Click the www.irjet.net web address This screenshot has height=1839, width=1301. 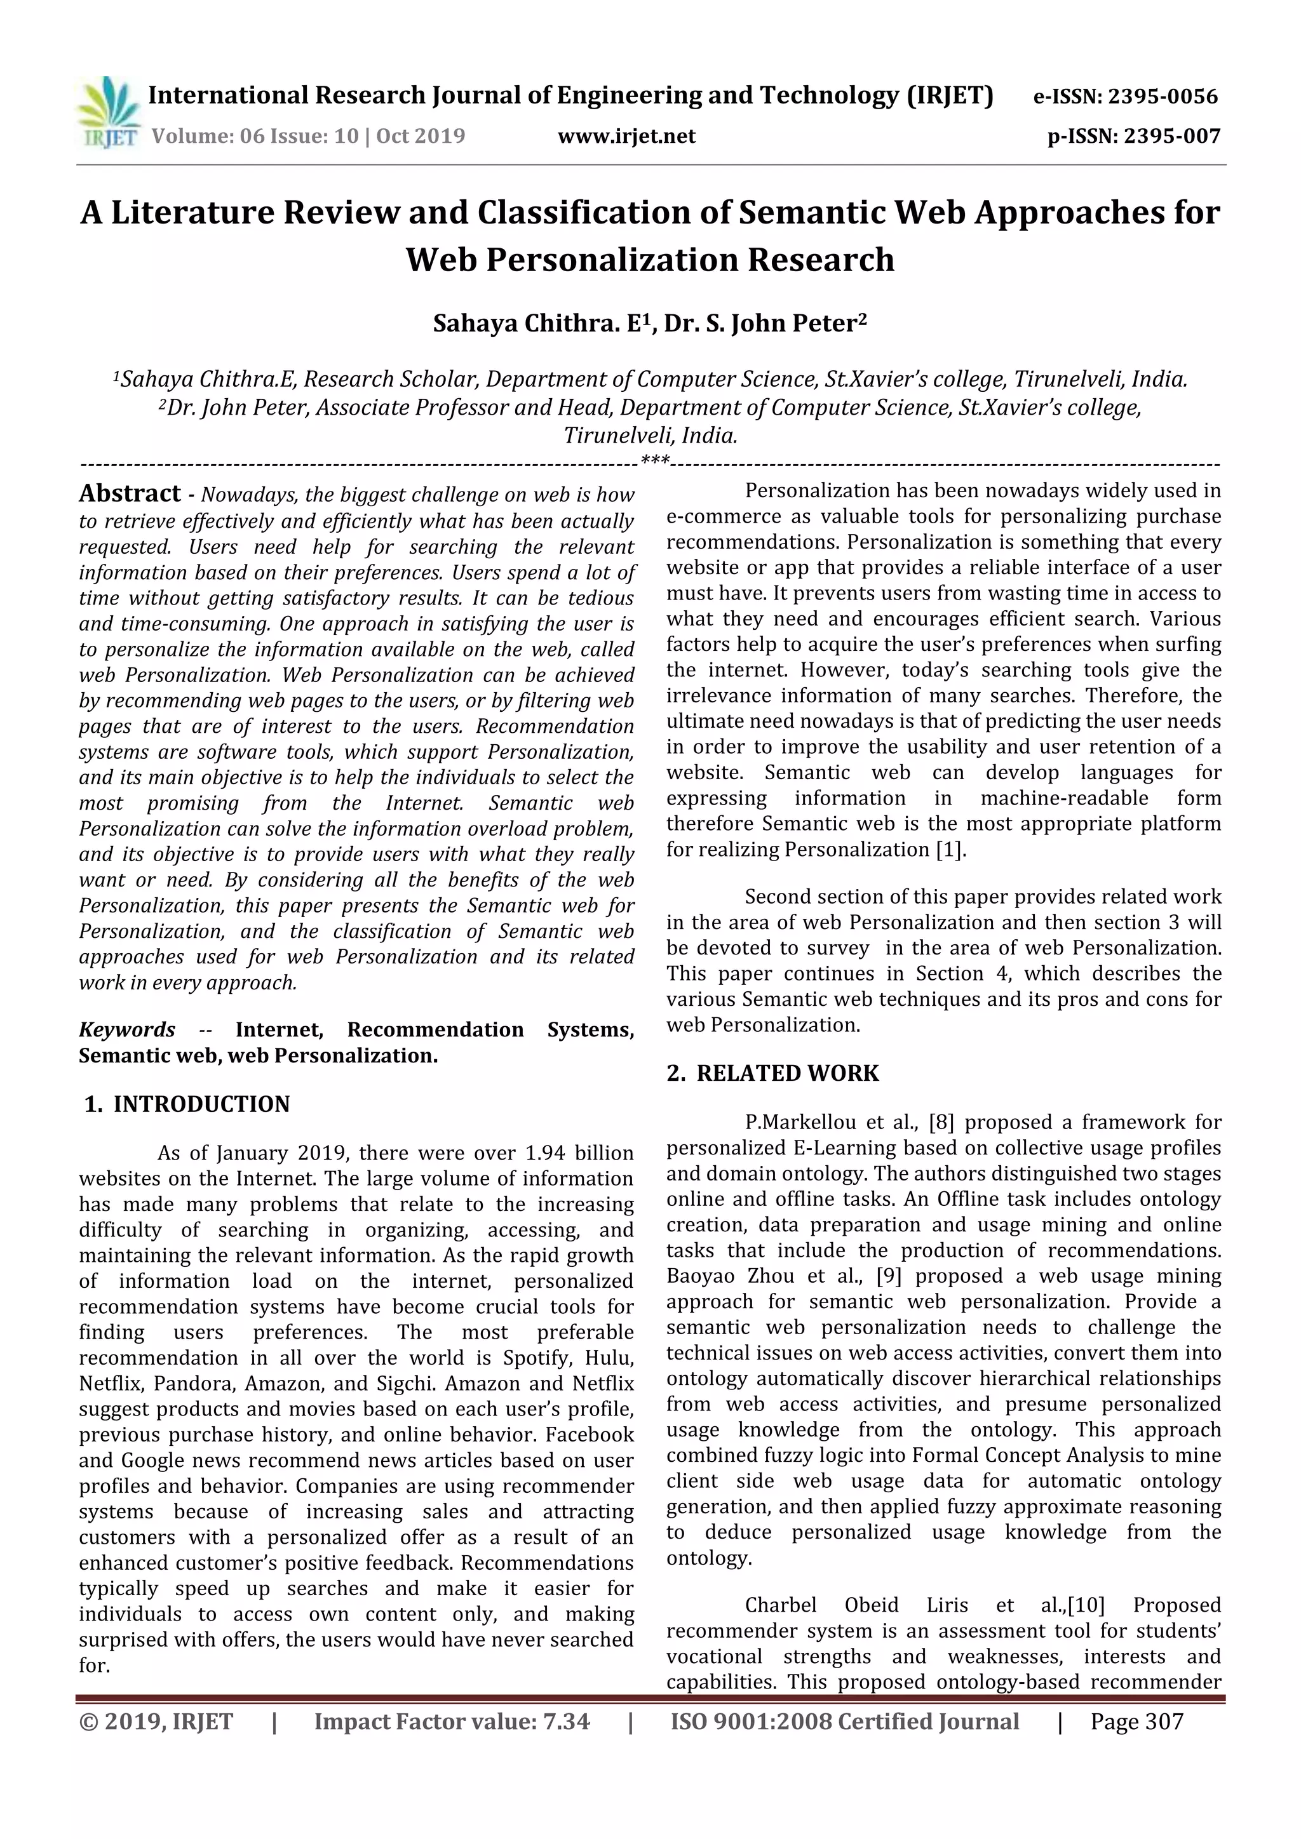coord(626,136)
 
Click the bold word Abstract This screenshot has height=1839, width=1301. coord(130,493)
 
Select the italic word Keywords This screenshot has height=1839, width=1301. coord(126,1029)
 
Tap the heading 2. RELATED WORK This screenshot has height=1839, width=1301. coord(773,1073)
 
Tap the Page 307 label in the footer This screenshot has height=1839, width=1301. coord(1136,1722)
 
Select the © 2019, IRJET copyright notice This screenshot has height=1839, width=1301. coord(156,1722)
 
